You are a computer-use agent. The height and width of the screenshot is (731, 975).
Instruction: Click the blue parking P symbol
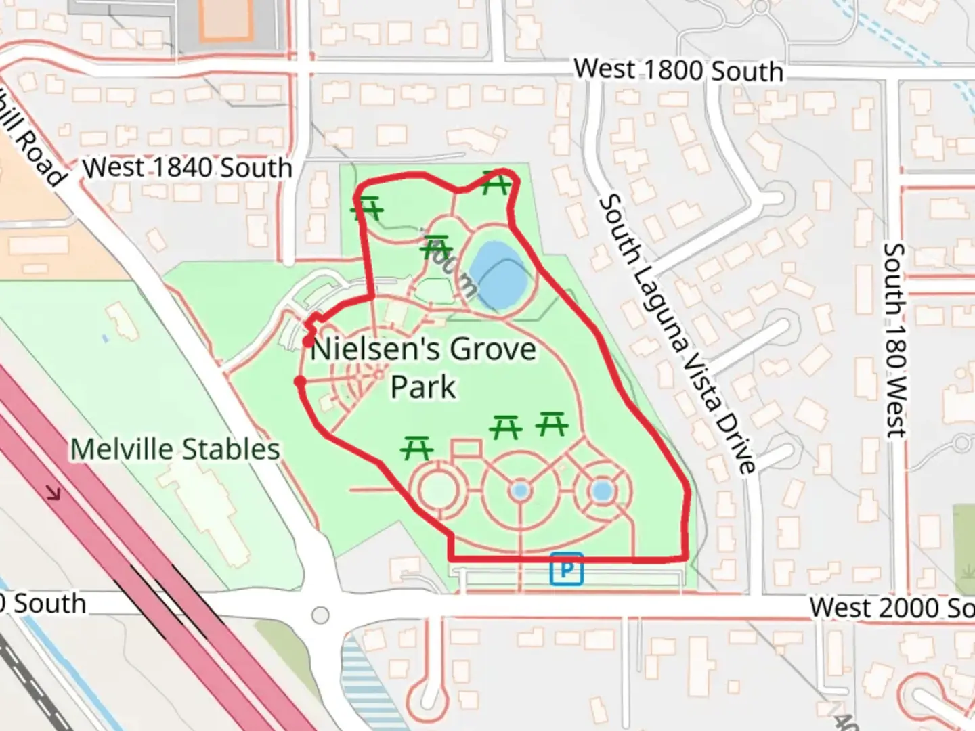567,569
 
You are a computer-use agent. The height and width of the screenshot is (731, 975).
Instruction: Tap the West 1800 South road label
678,70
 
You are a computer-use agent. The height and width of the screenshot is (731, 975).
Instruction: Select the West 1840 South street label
188,167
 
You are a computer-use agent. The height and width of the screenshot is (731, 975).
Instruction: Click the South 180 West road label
894,340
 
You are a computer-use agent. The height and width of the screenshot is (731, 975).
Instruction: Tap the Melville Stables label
175,449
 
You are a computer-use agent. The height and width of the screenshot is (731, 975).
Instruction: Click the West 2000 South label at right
891,607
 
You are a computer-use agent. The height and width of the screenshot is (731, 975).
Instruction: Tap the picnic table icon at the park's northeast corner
496,183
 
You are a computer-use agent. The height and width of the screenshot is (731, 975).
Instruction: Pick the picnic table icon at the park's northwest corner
368,208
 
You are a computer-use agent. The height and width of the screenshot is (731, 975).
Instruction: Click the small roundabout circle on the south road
320,615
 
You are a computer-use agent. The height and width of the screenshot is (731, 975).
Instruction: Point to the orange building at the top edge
225,18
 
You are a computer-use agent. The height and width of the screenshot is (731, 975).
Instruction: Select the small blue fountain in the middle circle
520,491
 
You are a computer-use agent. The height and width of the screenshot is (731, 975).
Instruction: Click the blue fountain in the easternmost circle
602,491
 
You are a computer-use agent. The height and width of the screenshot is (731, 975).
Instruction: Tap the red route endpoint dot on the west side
300,383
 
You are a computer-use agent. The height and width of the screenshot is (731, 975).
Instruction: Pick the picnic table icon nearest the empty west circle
416,448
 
